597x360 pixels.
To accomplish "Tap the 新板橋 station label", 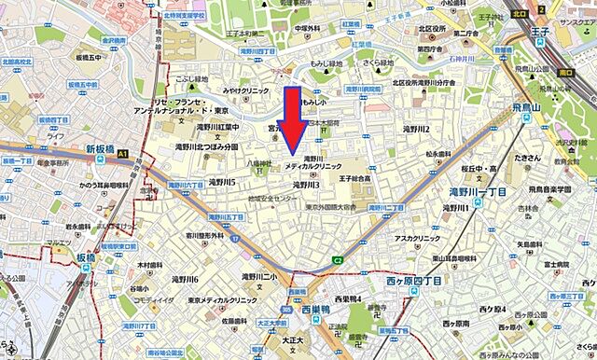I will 105,148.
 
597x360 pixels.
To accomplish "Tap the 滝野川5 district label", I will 222,181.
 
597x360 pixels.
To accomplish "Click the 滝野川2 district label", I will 415,129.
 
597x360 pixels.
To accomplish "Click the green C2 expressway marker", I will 338,260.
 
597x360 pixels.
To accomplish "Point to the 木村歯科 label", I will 158,266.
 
